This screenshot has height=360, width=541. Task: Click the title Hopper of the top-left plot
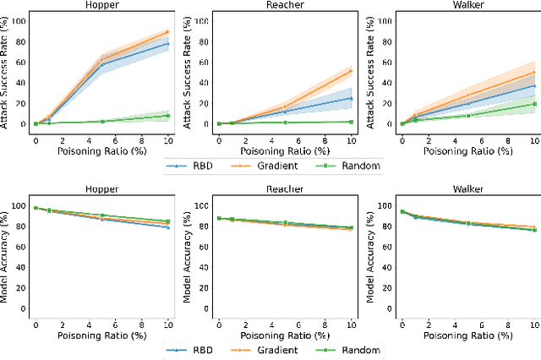coord(101,5)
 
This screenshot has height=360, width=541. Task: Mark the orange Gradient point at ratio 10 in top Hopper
coord(168,31)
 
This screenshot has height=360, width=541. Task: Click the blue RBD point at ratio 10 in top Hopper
coord(168,43)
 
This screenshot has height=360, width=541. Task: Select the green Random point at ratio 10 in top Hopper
coord(168,116)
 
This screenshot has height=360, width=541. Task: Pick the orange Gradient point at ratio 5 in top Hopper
coord(102,58)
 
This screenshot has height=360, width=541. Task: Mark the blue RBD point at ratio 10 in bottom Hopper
coord(168,227)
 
